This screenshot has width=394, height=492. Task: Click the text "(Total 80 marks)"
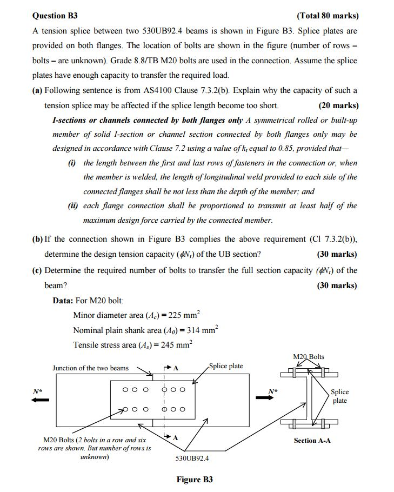pos(328,16)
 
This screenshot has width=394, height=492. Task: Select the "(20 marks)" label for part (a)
pos(338,105)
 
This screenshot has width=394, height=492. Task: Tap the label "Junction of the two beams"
pos(90,368)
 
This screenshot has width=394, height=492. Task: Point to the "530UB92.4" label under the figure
pos(192,458)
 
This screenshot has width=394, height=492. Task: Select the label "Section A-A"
pos(312,440)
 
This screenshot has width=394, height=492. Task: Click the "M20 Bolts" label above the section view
pos(309,357)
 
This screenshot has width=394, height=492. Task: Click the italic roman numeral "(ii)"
pos(71,205)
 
